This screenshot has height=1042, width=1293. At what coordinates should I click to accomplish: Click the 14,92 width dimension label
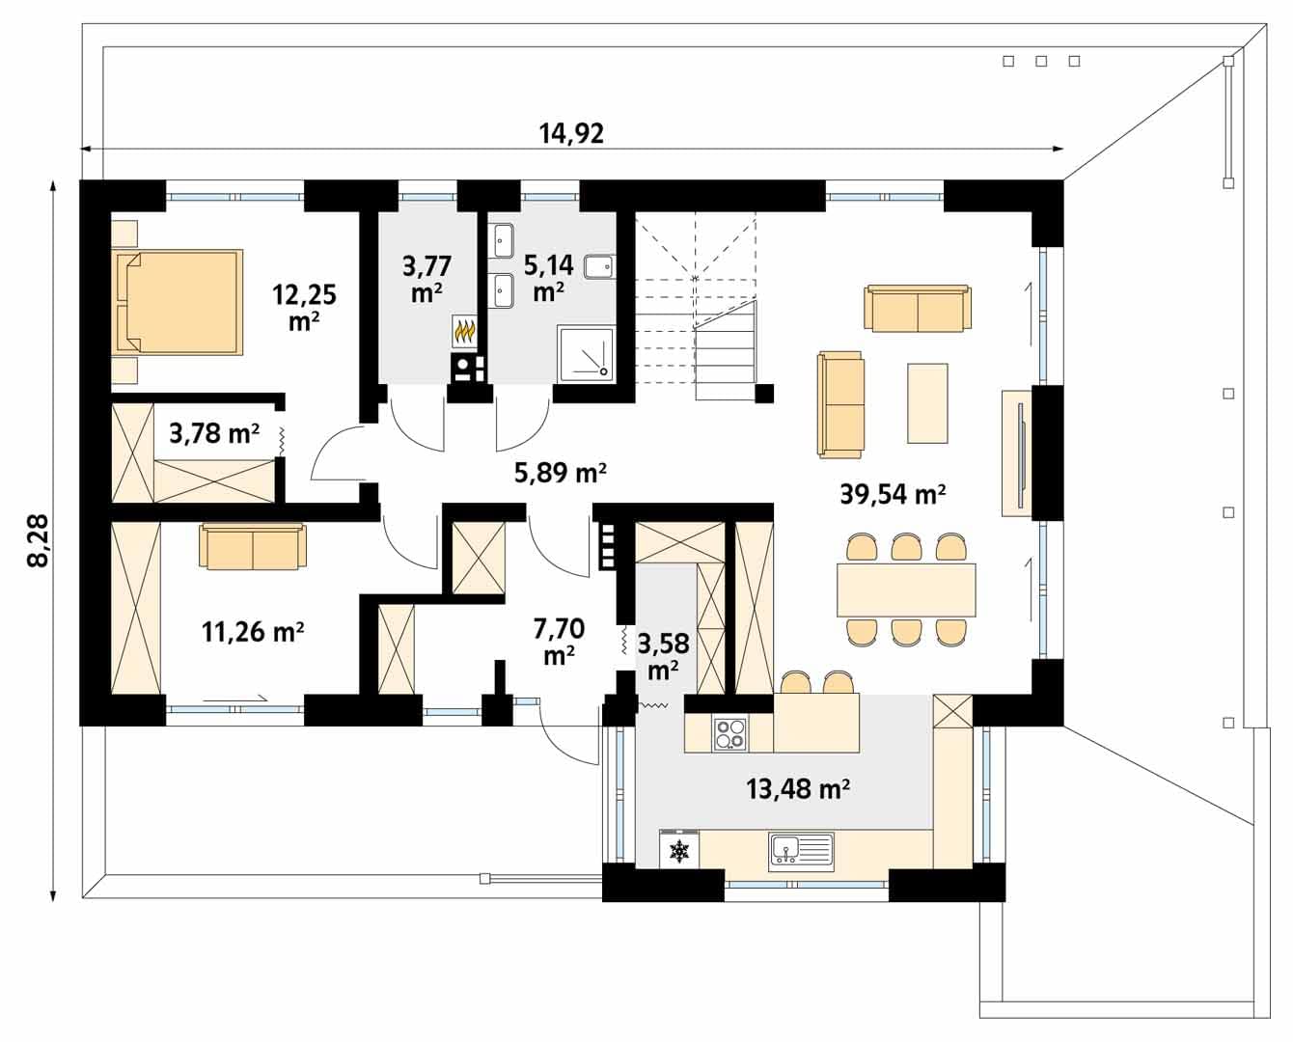(571, 133)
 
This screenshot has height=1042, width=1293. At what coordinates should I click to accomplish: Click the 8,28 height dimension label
(39, 539)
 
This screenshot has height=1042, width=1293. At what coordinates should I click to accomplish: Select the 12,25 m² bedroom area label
(304, 307)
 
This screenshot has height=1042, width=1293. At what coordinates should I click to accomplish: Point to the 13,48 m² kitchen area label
(798, 788)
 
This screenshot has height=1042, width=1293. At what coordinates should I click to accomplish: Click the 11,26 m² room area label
(253, 632)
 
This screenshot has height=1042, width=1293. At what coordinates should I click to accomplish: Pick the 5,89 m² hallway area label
(560, 473)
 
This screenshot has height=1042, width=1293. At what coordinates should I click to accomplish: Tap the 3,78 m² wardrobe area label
(214, 432)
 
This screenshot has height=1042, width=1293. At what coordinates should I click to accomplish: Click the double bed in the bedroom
(179, 302)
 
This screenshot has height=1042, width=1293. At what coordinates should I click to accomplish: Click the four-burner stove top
(730, 734)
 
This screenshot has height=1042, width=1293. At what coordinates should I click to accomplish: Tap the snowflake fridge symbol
(679, 850)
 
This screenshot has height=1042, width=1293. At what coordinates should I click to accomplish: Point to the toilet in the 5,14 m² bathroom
(598, 266)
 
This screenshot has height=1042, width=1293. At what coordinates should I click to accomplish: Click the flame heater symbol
(464, 332)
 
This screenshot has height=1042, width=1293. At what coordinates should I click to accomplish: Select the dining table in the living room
(906, 590)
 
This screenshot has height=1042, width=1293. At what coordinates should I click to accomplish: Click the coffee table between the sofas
(927, 403)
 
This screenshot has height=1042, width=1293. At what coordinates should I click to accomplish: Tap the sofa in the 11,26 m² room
(253, 546)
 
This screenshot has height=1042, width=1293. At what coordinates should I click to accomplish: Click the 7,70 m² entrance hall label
(559, 642)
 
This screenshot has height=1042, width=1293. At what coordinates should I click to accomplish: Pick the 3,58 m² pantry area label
(663, 656)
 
